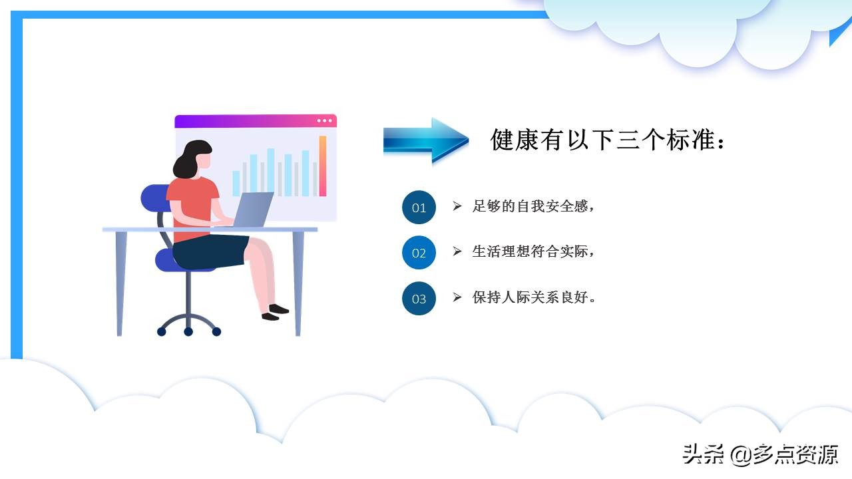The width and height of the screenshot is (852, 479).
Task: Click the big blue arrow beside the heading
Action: [426, 140]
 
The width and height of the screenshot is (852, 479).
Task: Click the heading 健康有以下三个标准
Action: [607, 140]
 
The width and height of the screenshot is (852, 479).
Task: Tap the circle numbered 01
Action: [419, 208]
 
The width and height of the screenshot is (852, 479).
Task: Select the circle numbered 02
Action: [419, 253]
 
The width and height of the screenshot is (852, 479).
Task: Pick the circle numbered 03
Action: [419, 299]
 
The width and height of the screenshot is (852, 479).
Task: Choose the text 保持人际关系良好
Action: [532, 297]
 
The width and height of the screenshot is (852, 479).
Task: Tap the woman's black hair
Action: [188, 160]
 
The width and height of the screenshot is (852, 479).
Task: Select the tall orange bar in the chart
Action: [323, 166]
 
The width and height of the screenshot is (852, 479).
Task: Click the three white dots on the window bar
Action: [324, 121]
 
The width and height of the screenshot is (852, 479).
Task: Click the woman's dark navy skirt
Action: [210, 251]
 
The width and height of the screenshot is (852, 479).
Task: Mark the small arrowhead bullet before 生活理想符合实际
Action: [457, 251]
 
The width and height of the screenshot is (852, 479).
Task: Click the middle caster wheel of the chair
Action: [188, 331]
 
